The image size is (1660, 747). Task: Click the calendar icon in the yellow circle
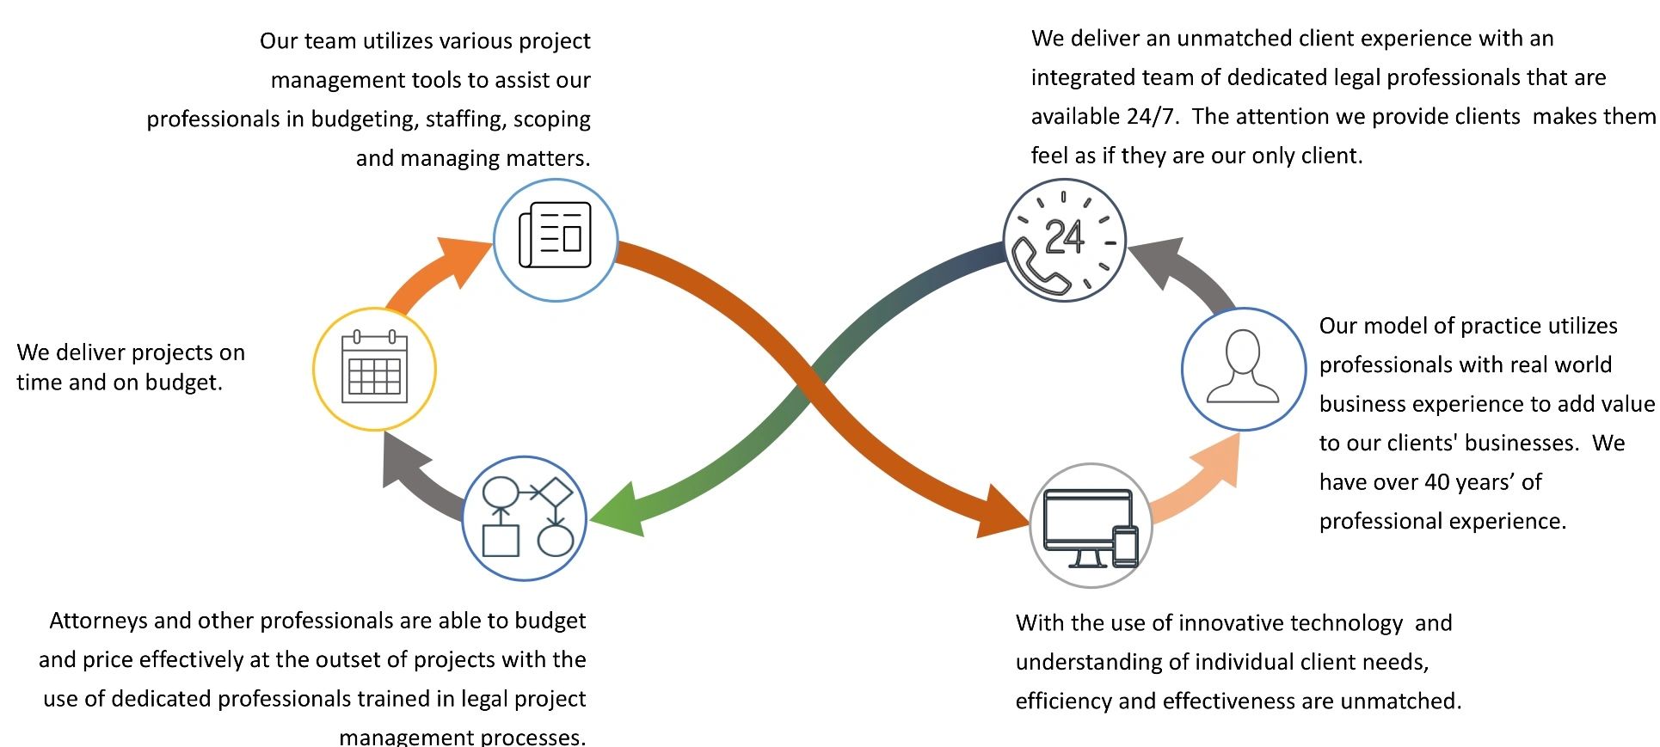coord(374,368)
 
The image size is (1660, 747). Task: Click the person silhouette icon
coord(1243,368)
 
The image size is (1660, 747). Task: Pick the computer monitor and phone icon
coord(1091,526)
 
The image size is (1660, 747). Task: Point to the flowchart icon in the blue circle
coord(525,518)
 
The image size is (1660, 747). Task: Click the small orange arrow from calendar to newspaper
coord(440,272)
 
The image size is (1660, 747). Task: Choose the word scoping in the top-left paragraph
coord(551,119)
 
